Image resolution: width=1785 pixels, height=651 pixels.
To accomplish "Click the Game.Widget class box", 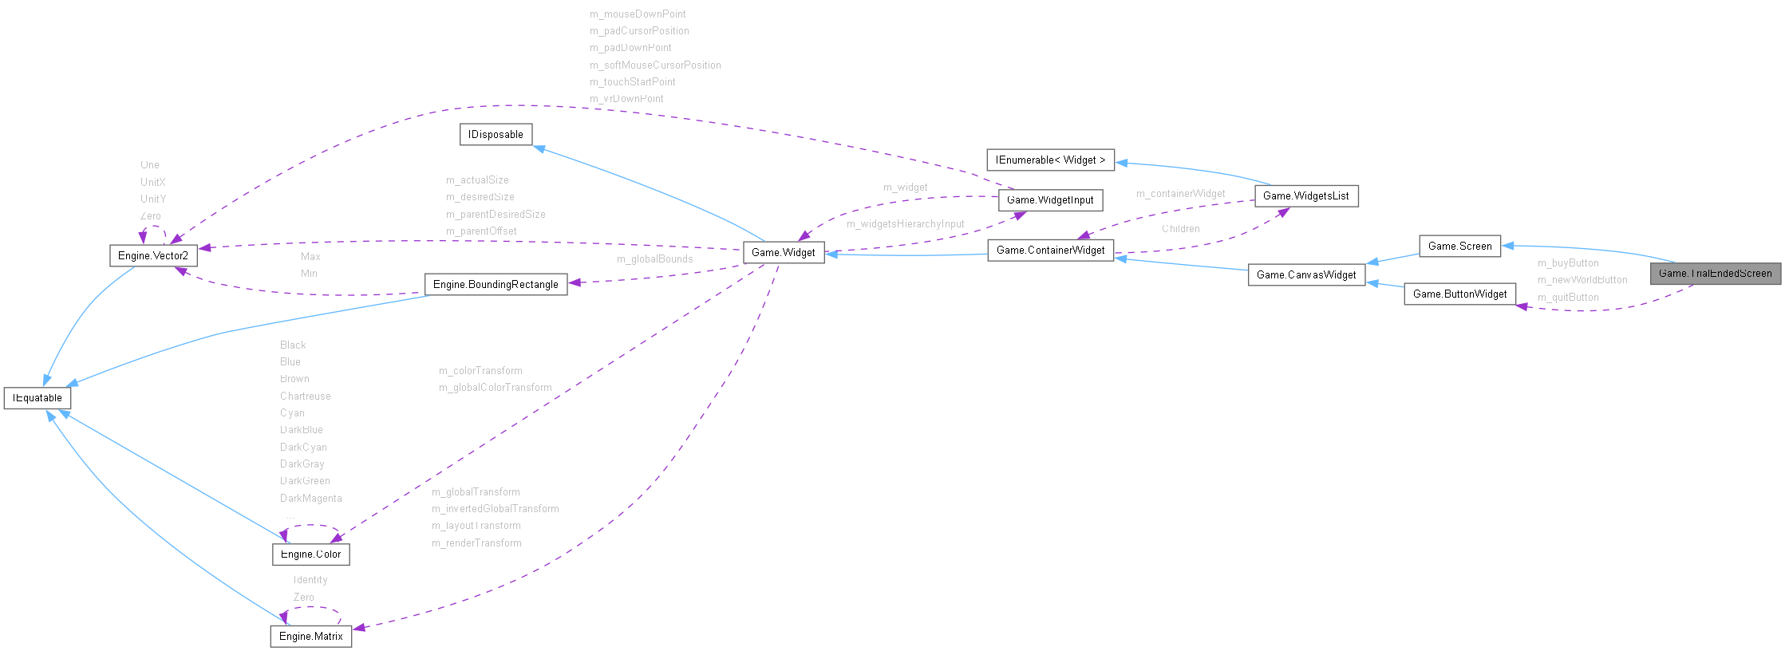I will click(x=783, y=253).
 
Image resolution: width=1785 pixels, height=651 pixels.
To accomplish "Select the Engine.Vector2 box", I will click(x=152, y=256).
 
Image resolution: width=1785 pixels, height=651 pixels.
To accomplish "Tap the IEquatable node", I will click(x=38, y=398).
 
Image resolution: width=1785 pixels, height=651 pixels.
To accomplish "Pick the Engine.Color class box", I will click(x=310, y=554).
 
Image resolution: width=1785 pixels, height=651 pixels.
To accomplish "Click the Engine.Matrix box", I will click(x=310, y=637).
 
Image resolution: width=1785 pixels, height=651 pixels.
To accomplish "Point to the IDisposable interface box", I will click(x=496, y=135).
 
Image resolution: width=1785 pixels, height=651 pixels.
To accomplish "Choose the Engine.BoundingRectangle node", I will click(x=496, y=285).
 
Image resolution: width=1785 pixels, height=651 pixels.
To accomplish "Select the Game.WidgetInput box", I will click(x=1050, y=200).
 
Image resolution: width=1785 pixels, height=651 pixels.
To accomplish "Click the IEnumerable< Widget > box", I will click(x=1050, y=160).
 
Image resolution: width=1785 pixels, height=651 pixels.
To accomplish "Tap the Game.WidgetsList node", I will click(x=1306, y=196).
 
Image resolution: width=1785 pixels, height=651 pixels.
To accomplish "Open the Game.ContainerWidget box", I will click(x=1050, y=251).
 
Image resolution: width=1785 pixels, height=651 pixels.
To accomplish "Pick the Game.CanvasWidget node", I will click(x=1306, y=275).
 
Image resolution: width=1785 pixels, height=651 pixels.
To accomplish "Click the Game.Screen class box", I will click(x=1459, y=247).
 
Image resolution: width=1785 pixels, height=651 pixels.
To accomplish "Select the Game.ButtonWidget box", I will click(x=1459, y=294).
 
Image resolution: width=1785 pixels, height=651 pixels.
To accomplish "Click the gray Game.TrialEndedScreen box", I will click(x=1715, y=274).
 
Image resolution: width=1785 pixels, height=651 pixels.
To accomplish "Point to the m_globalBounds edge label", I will click(x=654, y=259).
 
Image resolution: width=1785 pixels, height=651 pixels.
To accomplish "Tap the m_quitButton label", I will click(x=1568, y=298).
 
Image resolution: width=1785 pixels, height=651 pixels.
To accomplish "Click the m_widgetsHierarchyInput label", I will click(x=905, y=224).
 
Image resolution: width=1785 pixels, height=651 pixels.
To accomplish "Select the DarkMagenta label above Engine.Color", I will click(x=310, y=499).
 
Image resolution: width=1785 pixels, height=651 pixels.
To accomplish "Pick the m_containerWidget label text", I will click(x=1180, y=194).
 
